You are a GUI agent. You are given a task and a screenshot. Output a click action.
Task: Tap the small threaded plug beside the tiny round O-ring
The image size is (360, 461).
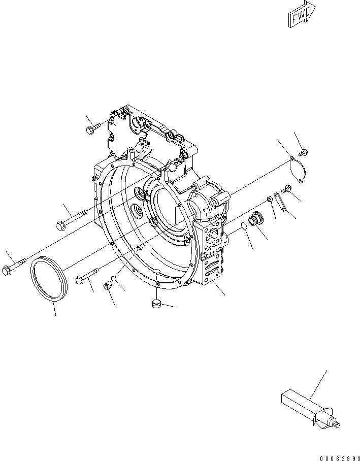click(108, 286)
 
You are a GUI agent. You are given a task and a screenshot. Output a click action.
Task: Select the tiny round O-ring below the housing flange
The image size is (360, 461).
click(115, 279)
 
